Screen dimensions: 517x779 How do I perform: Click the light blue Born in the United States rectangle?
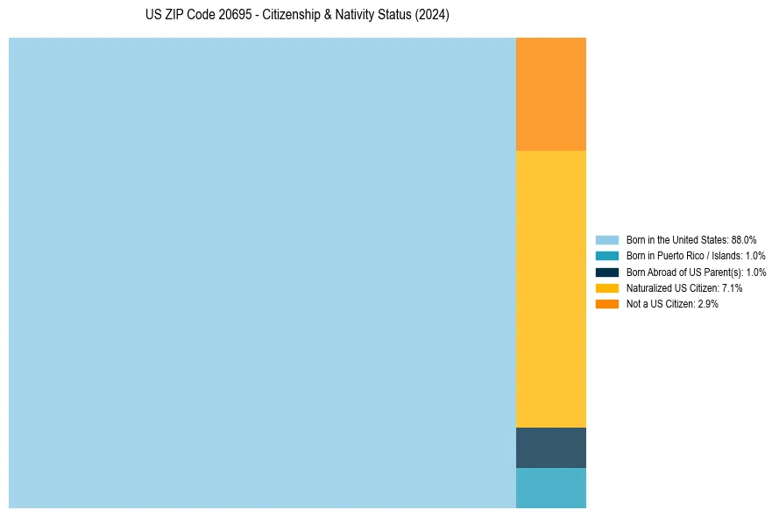262,273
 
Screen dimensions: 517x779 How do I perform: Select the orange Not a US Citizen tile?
550,94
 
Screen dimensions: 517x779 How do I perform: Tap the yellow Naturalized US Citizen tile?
550,289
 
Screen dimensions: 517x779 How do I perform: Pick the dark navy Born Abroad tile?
550,448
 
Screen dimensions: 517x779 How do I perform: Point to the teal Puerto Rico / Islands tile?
550,488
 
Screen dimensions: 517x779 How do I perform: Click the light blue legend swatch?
607,239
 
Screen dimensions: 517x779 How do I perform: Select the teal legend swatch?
607,256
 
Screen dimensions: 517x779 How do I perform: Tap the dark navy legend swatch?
607,272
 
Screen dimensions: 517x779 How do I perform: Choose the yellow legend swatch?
607,287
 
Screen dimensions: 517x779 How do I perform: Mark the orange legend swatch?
607,304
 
